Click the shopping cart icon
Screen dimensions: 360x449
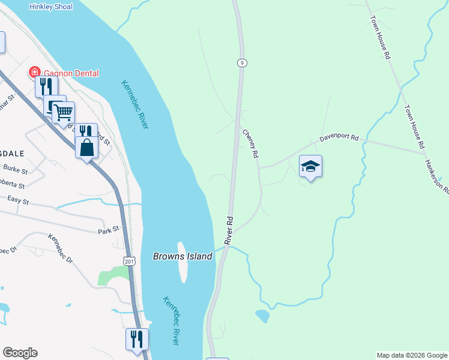[63, 112]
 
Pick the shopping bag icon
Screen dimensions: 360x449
[86, 146]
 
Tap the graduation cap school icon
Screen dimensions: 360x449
[310, 166]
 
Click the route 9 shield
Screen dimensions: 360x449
[241, 62]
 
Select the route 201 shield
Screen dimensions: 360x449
[128, 260]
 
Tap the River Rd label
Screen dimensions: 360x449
[229, 229]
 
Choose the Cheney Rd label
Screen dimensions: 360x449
[250, 144]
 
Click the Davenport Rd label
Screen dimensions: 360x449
[339, 138]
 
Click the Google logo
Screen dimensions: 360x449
[20, 353]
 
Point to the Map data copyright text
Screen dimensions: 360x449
[412, 355]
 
